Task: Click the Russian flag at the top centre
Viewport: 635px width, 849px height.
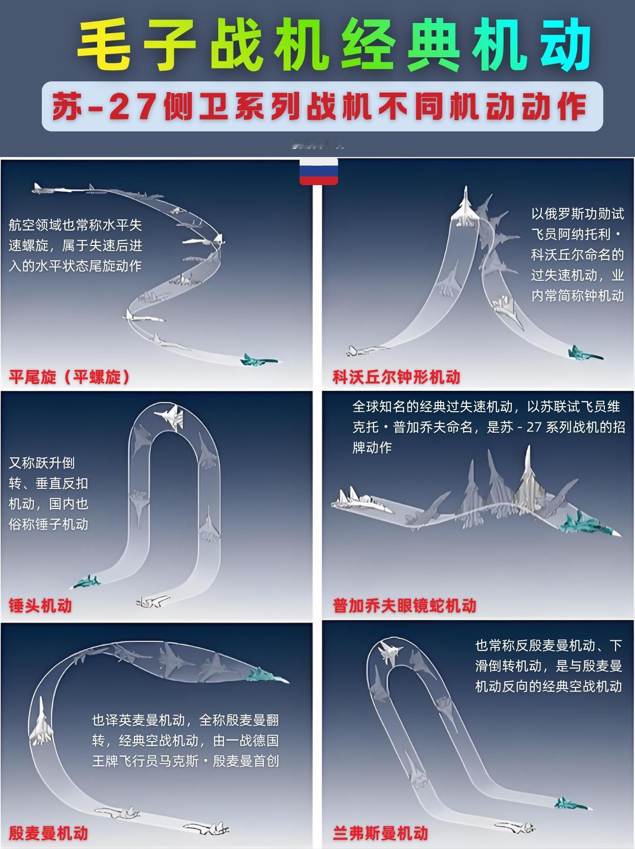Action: point(319,171)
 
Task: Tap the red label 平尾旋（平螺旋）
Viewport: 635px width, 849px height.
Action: point(70,377)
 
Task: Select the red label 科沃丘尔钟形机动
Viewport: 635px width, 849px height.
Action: point(396,377)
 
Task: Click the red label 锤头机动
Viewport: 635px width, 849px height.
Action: point(40,605)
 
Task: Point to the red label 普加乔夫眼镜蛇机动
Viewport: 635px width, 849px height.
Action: point(404,606)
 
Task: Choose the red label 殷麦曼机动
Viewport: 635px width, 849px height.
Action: point(49,833)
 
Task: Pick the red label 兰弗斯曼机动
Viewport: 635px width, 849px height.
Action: point(380,833)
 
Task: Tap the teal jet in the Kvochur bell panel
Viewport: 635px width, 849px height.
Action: point(584,353)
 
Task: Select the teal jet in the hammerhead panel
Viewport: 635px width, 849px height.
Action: point(86,582)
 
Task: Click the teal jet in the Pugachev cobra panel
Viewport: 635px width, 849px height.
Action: point(588,525)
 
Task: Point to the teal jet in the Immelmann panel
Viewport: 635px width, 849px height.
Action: point(266,676)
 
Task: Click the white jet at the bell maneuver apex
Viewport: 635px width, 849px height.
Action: point(466,208)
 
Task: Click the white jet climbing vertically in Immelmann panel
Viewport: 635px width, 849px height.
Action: point(40,722)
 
